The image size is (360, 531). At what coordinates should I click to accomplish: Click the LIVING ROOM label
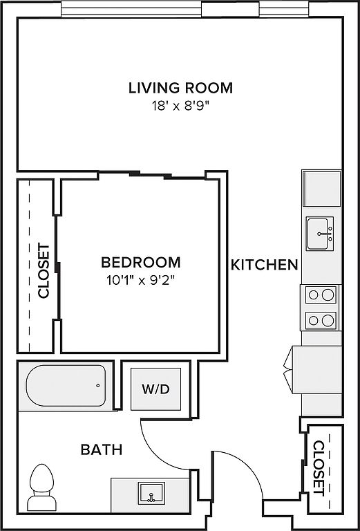180,88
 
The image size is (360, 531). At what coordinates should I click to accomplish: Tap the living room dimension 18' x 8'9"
179,106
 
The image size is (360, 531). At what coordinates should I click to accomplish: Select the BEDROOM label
141,263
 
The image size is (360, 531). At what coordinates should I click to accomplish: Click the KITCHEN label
264,265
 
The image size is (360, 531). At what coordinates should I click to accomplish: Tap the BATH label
102,450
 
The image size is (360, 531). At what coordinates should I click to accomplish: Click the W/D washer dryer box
155,389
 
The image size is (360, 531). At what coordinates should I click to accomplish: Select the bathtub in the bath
66,386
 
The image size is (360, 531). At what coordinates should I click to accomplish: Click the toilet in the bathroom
41,487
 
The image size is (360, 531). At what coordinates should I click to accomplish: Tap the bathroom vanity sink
151,493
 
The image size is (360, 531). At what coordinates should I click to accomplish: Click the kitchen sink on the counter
320,234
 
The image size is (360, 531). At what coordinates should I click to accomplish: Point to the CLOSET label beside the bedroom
44,271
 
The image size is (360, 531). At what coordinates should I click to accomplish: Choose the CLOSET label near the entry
319,467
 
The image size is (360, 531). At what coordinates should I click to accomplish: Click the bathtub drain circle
98,385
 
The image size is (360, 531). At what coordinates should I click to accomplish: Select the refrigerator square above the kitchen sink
322,188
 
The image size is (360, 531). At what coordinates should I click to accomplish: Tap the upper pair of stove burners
321,295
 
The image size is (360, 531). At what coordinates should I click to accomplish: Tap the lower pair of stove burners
321,320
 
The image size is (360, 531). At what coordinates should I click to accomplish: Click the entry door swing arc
249,464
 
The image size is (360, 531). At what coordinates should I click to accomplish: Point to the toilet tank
41,503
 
